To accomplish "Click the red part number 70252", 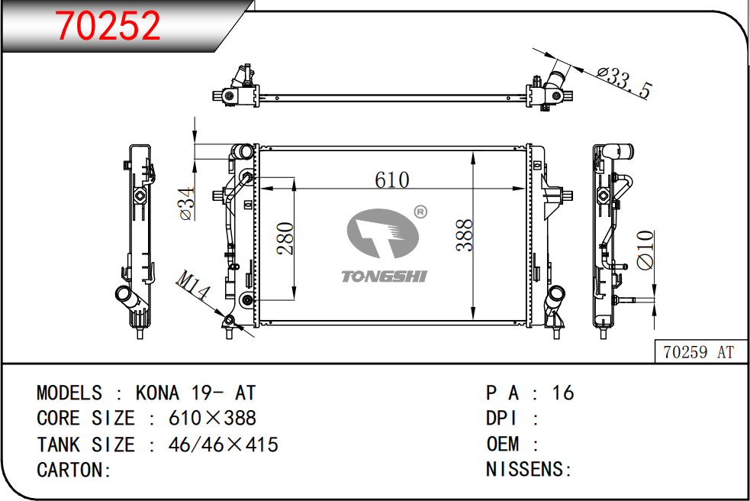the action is click(108, 25).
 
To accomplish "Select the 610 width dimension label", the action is click(391, 180).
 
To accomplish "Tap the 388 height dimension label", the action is click(465, 235).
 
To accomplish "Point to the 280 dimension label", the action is click(285, 238).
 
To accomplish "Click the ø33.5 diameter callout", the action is click(625, 82).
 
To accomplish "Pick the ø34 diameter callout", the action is click(187, 204).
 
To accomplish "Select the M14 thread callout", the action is click(193, 285).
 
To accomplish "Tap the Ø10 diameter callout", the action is click(645, 250).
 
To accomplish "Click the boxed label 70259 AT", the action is click(698, 352).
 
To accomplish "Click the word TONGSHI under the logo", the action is click(384, 276).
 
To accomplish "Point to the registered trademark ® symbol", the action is click(420, 212).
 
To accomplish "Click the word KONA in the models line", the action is click(157, 393).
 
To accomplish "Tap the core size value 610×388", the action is click(212, 419).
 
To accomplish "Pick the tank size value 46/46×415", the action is click(224, 444).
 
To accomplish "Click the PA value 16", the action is click(563, 393).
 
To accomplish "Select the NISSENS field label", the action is click(529, 470).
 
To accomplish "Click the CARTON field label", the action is click(74, 470).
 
